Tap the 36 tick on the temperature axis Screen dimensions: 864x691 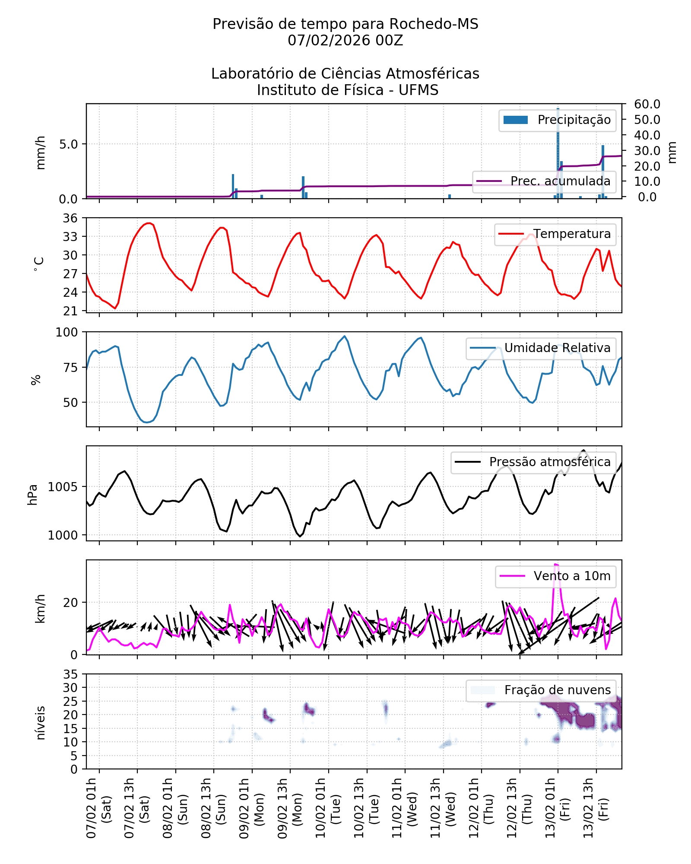70,218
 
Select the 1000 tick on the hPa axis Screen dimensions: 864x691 63,535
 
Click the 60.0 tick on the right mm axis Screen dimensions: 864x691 647,104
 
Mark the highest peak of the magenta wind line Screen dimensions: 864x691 556,564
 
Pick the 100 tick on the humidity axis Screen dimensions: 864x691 67,332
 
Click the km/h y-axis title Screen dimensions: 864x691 40,608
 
